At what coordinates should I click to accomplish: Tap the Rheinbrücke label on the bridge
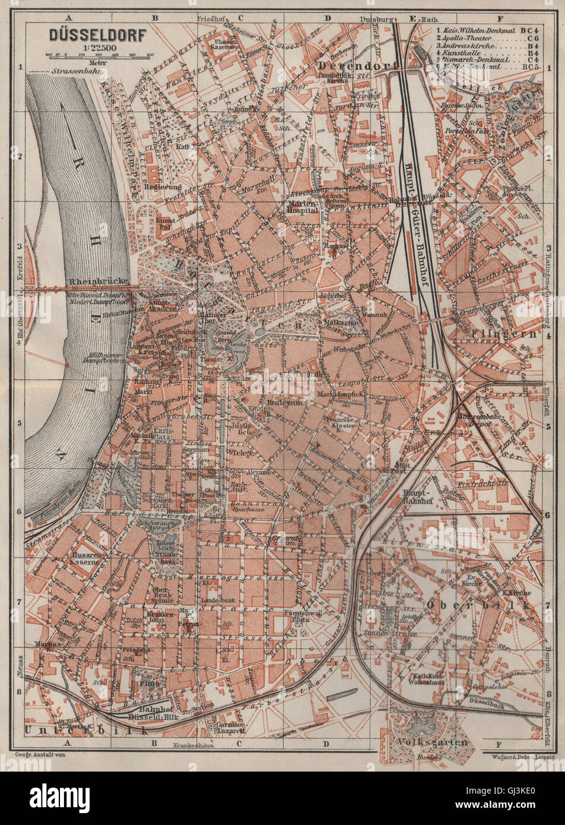click(x=90, y=281)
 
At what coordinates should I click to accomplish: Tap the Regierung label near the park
click(x=161, y=186)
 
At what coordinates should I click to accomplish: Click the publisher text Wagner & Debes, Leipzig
click(x=519, y=757)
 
